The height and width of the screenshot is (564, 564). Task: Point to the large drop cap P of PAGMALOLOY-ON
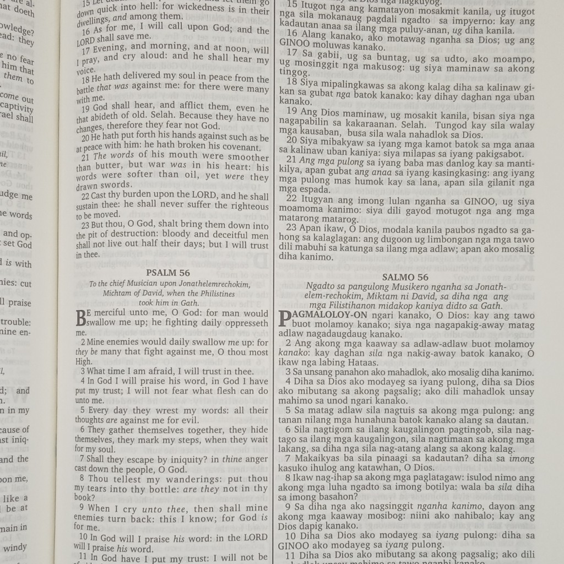[285, 318]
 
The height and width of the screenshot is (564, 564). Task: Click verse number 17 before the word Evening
[81, 49]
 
